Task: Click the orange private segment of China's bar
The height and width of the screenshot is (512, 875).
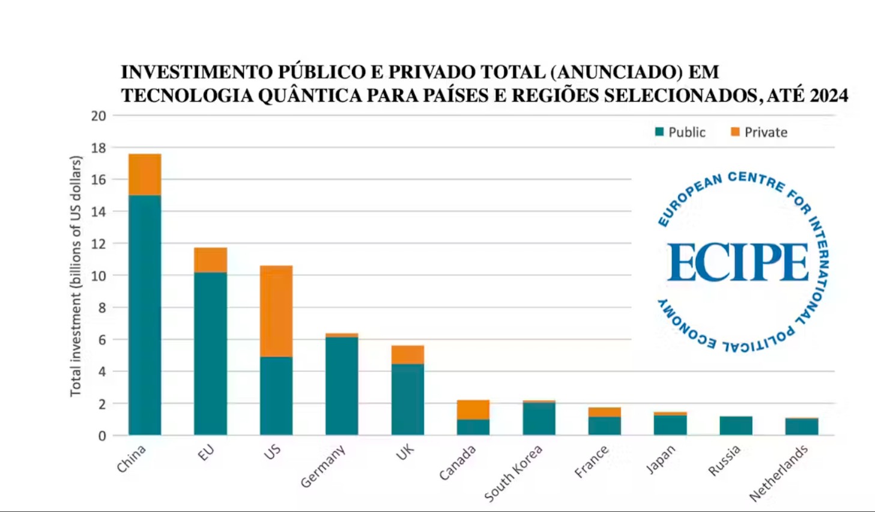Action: click(x=145, y=174)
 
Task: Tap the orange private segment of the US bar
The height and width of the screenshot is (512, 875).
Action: click(x=276, y=311)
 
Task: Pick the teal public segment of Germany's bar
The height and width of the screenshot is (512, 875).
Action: click(x=342, y=385)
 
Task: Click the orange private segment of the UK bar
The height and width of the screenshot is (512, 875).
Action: click(x=407, y=355)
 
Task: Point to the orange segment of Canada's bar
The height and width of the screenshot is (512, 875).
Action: click(x=473, y=409)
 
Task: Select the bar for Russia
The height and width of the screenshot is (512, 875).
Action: click(x=736, y=425)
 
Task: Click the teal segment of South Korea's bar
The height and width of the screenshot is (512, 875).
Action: click(x=539, y=418)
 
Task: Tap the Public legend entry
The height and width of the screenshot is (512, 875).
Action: click(x=680, y=132)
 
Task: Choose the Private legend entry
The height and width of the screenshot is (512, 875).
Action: click(x=759, y=132)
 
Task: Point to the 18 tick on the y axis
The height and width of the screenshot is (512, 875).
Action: click(x=98, y=148)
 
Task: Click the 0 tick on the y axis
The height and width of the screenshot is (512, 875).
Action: click(x=102, y=436)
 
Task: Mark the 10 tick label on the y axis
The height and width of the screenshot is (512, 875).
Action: click(x=98, y=276)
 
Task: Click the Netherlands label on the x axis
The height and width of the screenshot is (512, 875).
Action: click(x=778, y=473)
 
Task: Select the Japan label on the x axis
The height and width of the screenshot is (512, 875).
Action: click(x=661, y=459)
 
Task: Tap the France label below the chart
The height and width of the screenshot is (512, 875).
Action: click(x=592, y=462)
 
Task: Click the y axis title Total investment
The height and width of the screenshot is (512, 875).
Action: click(x=76, y=276)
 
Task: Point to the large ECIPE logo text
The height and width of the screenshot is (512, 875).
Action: click(x=738, y=263)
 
